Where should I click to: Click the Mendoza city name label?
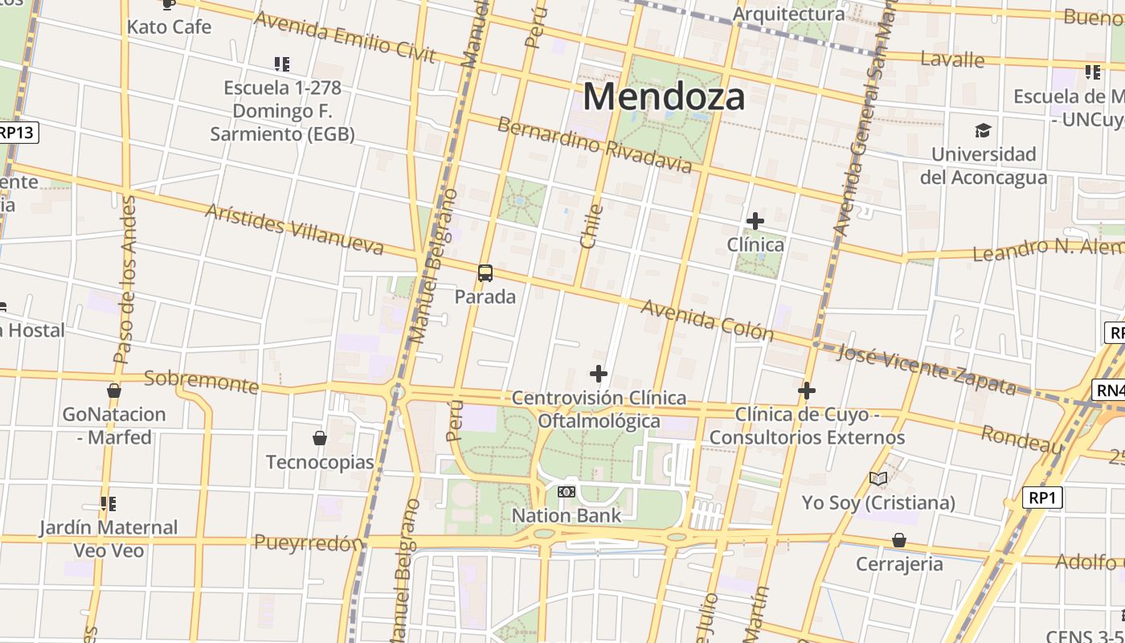click(x=664, y=96)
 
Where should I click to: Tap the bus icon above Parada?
click(x=485, y=272)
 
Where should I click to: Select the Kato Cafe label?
click(x=169, y=27)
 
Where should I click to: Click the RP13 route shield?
click(x=17, y=133)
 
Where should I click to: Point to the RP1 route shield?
click(x=1041, y=498)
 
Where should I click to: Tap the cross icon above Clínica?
click(x=755, y=220)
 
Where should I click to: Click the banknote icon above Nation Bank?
click(x=567, y=492)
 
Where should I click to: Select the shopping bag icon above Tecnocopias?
click(x=320, y=438)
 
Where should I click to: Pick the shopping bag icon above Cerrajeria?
click(x=898, y=540)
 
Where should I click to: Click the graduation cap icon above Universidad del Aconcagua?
click(x=983, y=130)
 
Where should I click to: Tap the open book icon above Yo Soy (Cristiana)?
click(x=878, y=479)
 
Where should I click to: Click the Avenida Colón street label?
click(x=707, y=321)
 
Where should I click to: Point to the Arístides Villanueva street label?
click(x=294, y=229)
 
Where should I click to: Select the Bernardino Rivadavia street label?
click(x=594, y=145)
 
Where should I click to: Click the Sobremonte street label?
click(x=201, y=381)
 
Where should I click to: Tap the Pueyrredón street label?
click(x=309, y=543)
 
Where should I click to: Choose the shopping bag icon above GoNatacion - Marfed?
click(x=114, y=391)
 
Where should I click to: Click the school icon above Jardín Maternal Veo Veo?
click(x=108, y=504)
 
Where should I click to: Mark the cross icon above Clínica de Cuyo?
click(x=807, y=391)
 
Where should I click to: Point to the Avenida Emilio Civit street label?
click(x=345, y=37)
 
